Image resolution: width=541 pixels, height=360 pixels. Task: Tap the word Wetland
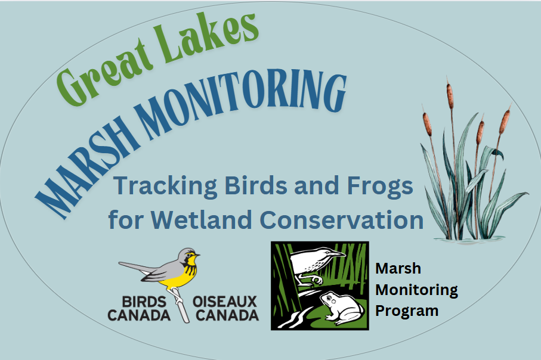click(201, 219)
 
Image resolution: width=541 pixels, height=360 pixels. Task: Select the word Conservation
click(342, 219)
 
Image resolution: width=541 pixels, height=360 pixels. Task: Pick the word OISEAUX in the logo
click(225, 302)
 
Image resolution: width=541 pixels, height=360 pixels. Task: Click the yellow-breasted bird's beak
click(197, 256)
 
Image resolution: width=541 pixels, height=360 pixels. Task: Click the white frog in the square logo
click(342, 307)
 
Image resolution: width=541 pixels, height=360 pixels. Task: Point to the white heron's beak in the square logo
click(336, 255)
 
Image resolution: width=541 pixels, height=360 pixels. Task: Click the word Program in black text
click(407, 312)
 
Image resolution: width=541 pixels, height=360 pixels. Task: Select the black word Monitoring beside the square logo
click(416, 290)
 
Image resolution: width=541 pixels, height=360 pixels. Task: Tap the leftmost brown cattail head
click(428, 123)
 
